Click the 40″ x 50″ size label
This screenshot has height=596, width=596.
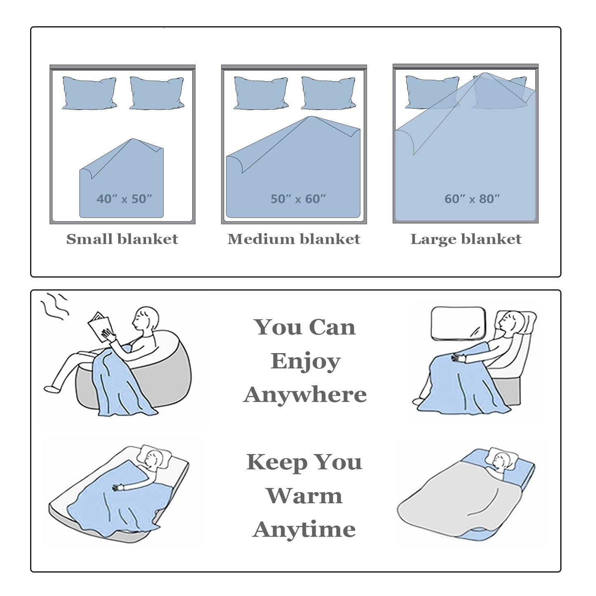[124, 199]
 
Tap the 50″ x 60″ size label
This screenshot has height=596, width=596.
[298, 199]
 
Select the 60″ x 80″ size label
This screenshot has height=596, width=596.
[472, 199]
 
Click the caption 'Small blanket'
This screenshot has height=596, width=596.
[122, 239]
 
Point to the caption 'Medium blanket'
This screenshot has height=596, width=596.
[294, 239]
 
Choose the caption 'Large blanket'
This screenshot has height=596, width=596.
[466, 239]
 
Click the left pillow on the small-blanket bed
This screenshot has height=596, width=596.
[90, 93]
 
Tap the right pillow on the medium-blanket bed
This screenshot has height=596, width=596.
[328, 93]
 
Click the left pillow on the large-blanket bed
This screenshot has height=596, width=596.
[432, 92]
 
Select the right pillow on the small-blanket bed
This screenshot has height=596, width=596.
[157, 93]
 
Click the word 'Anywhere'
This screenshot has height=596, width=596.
[305, 395]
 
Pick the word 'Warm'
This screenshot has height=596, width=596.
[304, 496]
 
